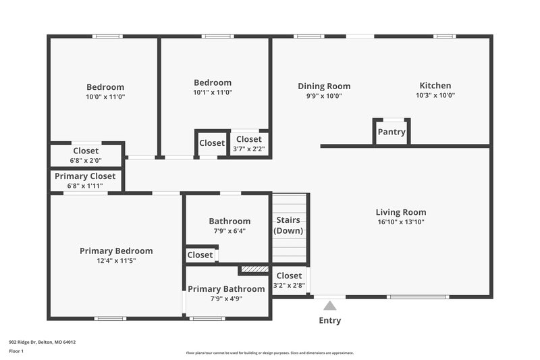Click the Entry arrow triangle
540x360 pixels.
tap(329, 306)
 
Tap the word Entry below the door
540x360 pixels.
tap(329, 320)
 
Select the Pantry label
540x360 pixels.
tap(391, 132)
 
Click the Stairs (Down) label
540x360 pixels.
tap(289, 226)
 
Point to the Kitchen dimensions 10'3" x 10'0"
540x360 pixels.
tap(435, 96)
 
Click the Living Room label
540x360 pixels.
tap(402, 212)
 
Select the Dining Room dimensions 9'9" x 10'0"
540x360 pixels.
tap(324, 96)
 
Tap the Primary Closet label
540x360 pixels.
tap(86, 176)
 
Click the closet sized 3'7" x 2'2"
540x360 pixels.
tap(248, 144)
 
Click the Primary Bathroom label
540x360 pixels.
tap(226, 289)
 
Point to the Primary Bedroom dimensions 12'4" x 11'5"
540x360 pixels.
tap(116, 260)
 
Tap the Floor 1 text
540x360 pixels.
tap(16, 352)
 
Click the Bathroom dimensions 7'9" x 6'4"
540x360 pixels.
tap(230, 230)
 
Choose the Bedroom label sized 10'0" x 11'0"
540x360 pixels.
tap(105, 87)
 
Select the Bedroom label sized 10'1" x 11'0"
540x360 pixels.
tap(213, 83)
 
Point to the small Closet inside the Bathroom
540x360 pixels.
tap(200, 255)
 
